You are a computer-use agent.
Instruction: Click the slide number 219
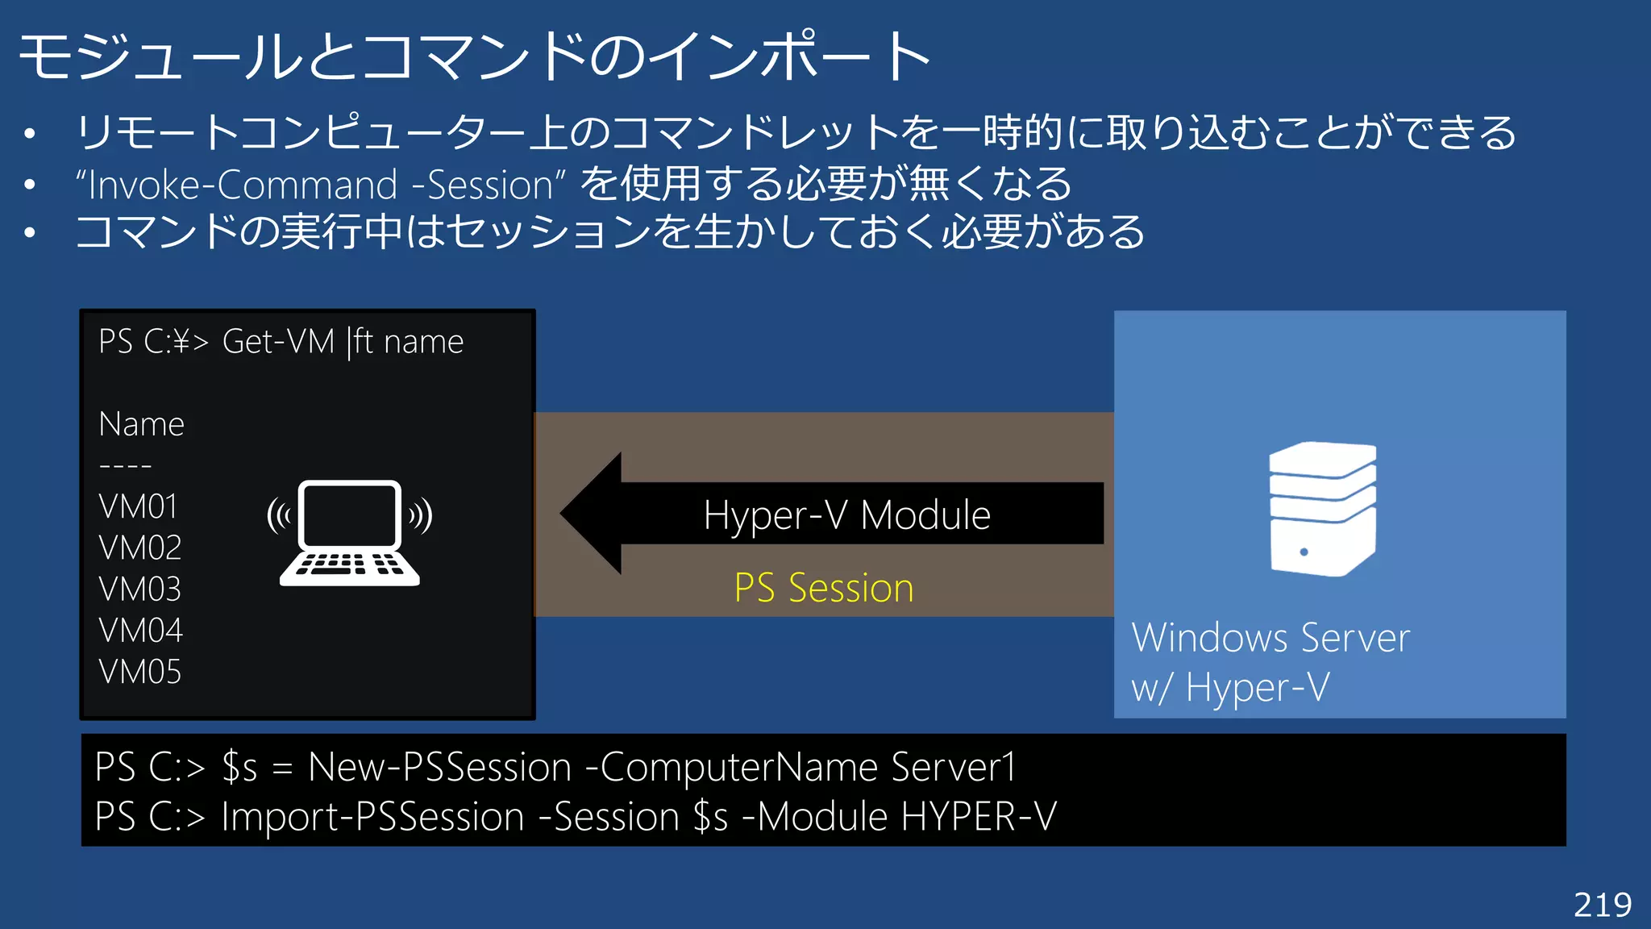point(1602,905)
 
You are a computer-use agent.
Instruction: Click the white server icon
point(1322,509)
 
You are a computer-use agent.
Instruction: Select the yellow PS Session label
point(823,587)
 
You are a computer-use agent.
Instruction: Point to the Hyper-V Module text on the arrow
point(846,514)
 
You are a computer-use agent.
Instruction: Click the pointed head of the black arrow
point(593,514)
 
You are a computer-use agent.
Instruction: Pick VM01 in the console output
point(138,506)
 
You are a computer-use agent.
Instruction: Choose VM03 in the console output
point(139,589)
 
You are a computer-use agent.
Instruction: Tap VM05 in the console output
point(139,672)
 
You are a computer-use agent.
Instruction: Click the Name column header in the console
point(141,424)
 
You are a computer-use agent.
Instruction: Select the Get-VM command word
point(278,342)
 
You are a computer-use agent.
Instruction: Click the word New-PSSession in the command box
point(439,767)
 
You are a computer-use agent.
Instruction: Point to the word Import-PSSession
point(372,817)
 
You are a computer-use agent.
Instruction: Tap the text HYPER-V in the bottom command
point(978,817)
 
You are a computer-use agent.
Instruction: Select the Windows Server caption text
point(1270,638)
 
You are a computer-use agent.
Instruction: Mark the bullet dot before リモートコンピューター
point(30,133)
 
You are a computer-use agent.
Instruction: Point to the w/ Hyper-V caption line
point(1230,688)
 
